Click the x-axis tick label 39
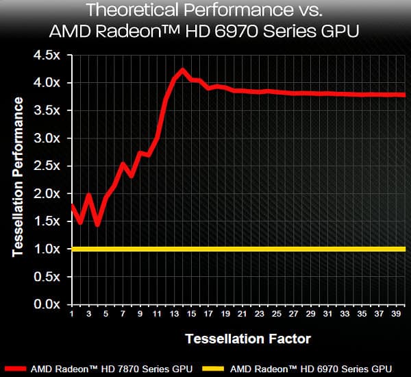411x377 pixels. (x=398, y=314)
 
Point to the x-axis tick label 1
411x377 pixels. (x=72, y=314)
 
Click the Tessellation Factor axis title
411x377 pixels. (x=247, y=339)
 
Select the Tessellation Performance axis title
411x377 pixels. (x=18, y=177)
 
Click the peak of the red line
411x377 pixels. (x=182, y=70)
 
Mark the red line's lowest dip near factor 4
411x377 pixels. (x=97, y=223)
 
